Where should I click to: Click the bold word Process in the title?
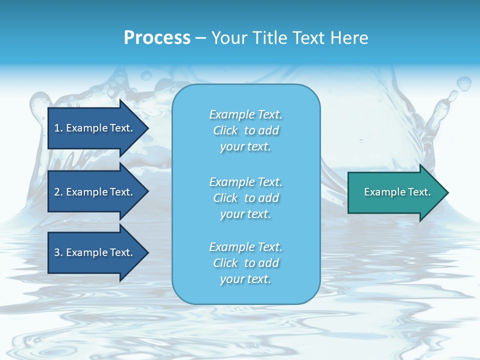[x=157, y=38]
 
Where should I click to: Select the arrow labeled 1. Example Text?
[x=95, y=128]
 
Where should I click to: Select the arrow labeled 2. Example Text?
[x=95, y=192]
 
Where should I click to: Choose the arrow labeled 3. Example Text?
[x=95, y=252]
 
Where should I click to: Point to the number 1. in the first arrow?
[x=58, y=128]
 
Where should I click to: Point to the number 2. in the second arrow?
[x=58, y=192]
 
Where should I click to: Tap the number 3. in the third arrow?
[x=58, y=252]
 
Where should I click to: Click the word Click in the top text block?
[x=225, y=130]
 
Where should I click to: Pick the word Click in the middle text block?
[x=225, y=198]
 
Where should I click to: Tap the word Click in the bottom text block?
[x=225, y=263]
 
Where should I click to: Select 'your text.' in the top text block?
[x=245, y=147]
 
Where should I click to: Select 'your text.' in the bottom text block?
[x=245, y=279]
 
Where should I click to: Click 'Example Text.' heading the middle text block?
[x=245, y=182]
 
